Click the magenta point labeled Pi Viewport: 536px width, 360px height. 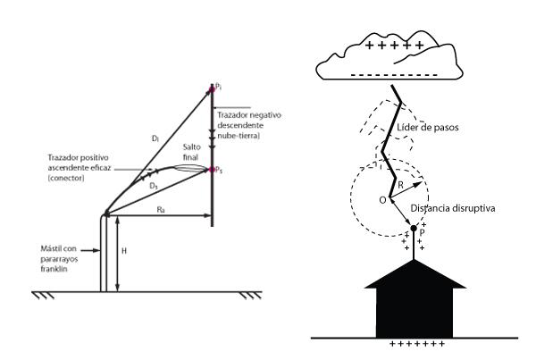coord(212,89)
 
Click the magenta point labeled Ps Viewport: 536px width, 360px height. coord(212,169)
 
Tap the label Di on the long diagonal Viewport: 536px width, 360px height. coord(155,138)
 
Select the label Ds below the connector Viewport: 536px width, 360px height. coord(154,187)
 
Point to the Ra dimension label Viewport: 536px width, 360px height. coord(161,209)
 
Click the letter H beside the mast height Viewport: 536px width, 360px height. coord(124,251)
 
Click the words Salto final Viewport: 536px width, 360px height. coord(191,152)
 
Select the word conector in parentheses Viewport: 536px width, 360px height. coord(66,178)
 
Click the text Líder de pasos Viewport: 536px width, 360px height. coord(428,128)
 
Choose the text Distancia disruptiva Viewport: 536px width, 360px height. coord(453,208)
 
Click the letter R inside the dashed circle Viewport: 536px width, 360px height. coord(400,185)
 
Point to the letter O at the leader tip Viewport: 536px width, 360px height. coord(383,200)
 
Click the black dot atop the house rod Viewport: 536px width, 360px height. coord(414,228)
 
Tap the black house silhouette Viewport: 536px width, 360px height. coord(415,301)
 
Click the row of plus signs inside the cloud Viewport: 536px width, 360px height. coord(395,46)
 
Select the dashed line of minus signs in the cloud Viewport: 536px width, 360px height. coord(394,75)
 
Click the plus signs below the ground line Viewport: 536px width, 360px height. coord(417,344)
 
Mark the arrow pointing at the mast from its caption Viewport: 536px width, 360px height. coord(91,251)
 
